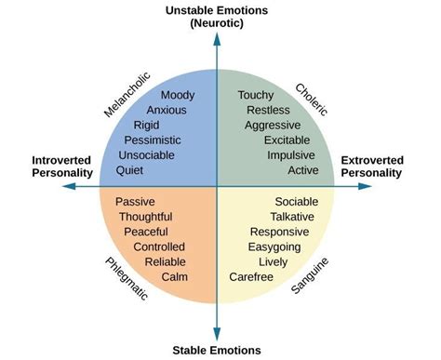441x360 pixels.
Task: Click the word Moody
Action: tap(177, 95)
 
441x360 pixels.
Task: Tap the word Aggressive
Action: tap(272, 125)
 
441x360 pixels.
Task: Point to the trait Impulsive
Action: tap(290, 155)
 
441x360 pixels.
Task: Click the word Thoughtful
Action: tap(145, 217)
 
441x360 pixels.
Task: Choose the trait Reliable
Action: tap(165, 262)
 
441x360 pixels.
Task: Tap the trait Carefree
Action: tap(251, 277)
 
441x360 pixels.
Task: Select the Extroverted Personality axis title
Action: tap(371, 167)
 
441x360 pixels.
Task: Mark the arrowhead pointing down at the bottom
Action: tap(217, 334)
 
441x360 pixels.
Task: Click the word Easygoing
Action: tap(281, 247)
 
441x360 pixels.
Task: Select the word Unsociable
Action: tap(154, 155)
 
